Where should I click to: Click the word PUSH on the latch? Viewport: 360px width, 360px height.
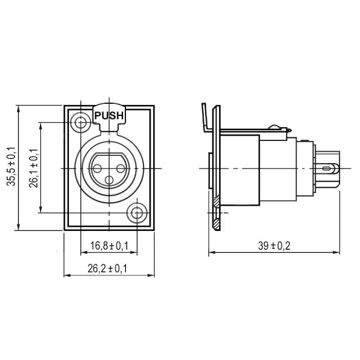click(109, 116)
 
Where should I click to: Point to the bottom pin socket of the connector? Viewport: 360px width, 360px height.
click(109, 179)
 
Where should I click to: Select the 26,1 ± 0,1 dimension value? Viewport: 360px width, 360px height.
click(33, 167)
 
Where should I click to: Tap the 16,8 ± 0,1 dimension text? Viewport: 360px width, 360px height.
click(109, 246)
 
